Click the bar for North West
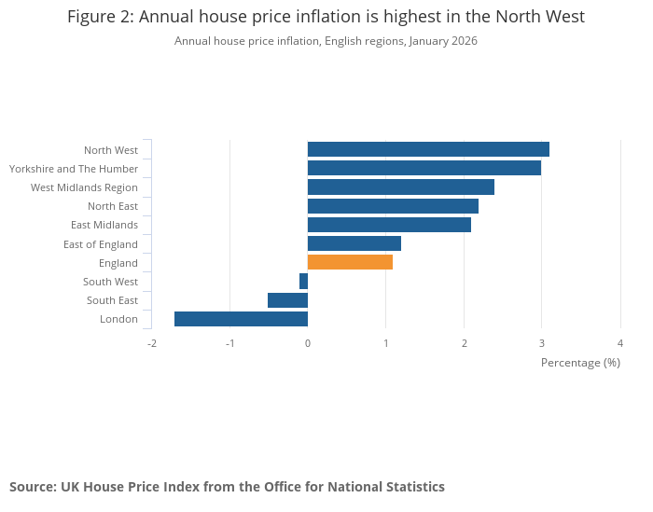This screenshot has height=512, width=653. tap(428, 149)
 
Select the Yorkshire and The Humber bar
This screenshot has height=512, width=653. tap(424, 168)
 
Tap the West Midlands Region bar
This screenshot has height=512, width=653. tap(401, 187)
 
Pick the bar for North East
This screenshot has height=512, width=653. tap(393, 206)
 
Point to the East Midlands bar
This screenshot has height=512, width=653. tap(389, 225)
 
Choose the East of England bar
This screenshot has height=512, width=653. tap(354, 243)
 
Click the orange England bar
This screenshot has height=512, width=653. tap(350, 262)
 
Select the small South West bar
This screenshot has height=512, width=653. tap(304, 282)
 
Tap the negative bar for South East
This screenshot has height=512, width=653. tap(287, 300)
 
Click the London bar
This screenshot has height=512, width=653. tap(241, 319)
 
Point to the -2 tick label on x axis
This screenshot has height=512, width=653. tap(151, 343)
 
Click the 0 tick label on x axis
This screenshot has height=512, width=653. tap(308, 343)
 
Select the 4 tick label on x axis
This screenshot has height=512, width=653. tap(620, 343)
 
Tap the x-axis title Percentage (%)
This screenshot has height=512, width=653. tap(580, 363)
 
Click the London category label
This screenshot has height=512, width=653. tap(118, 319)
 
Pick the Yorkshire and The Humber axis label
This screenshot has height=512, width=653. tap(74, 169)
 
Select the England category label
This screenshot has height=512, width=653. tap(118, 263)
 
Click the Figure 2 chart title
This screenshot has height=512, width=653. tap(326, 18)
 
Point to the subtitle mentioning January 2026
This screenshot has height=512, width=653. tap(326, 41)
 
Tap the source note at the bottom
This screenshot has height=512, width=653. tap(227, 487)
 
